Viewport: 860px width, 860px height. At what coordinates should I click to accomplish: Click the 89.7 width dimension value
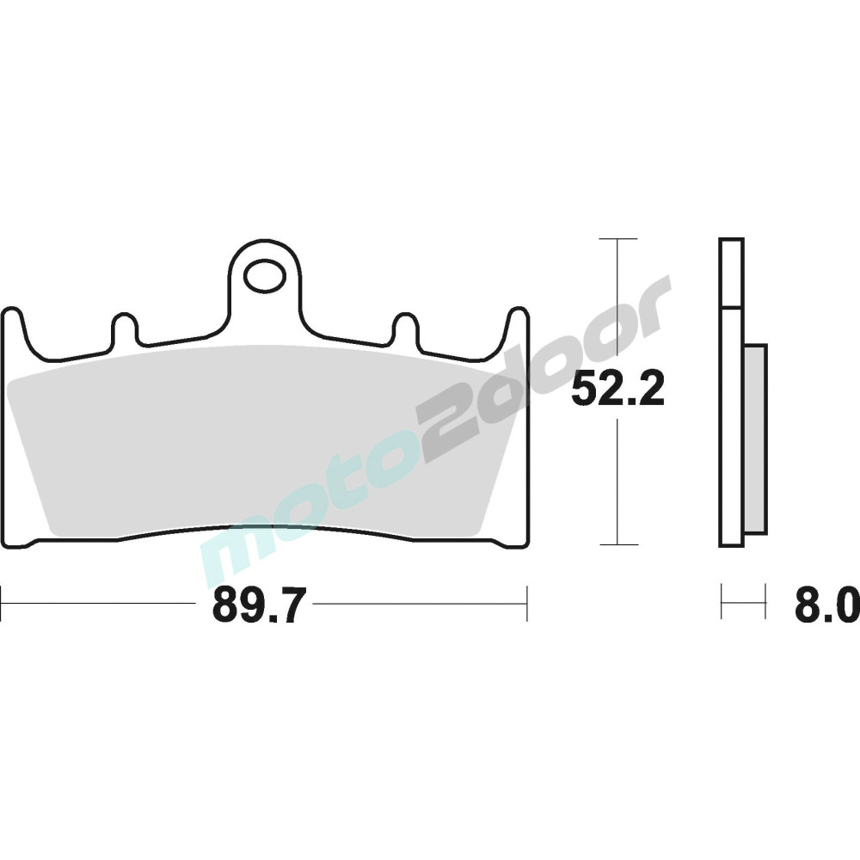257,604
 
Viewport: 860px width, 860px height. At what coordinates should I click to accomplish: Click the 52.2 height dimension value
617,389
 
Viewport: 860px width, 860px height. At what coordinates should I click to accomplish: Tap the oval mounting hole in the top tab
267,276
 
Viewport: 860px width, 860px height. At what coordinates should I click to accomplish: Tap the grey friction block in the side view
755,439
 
